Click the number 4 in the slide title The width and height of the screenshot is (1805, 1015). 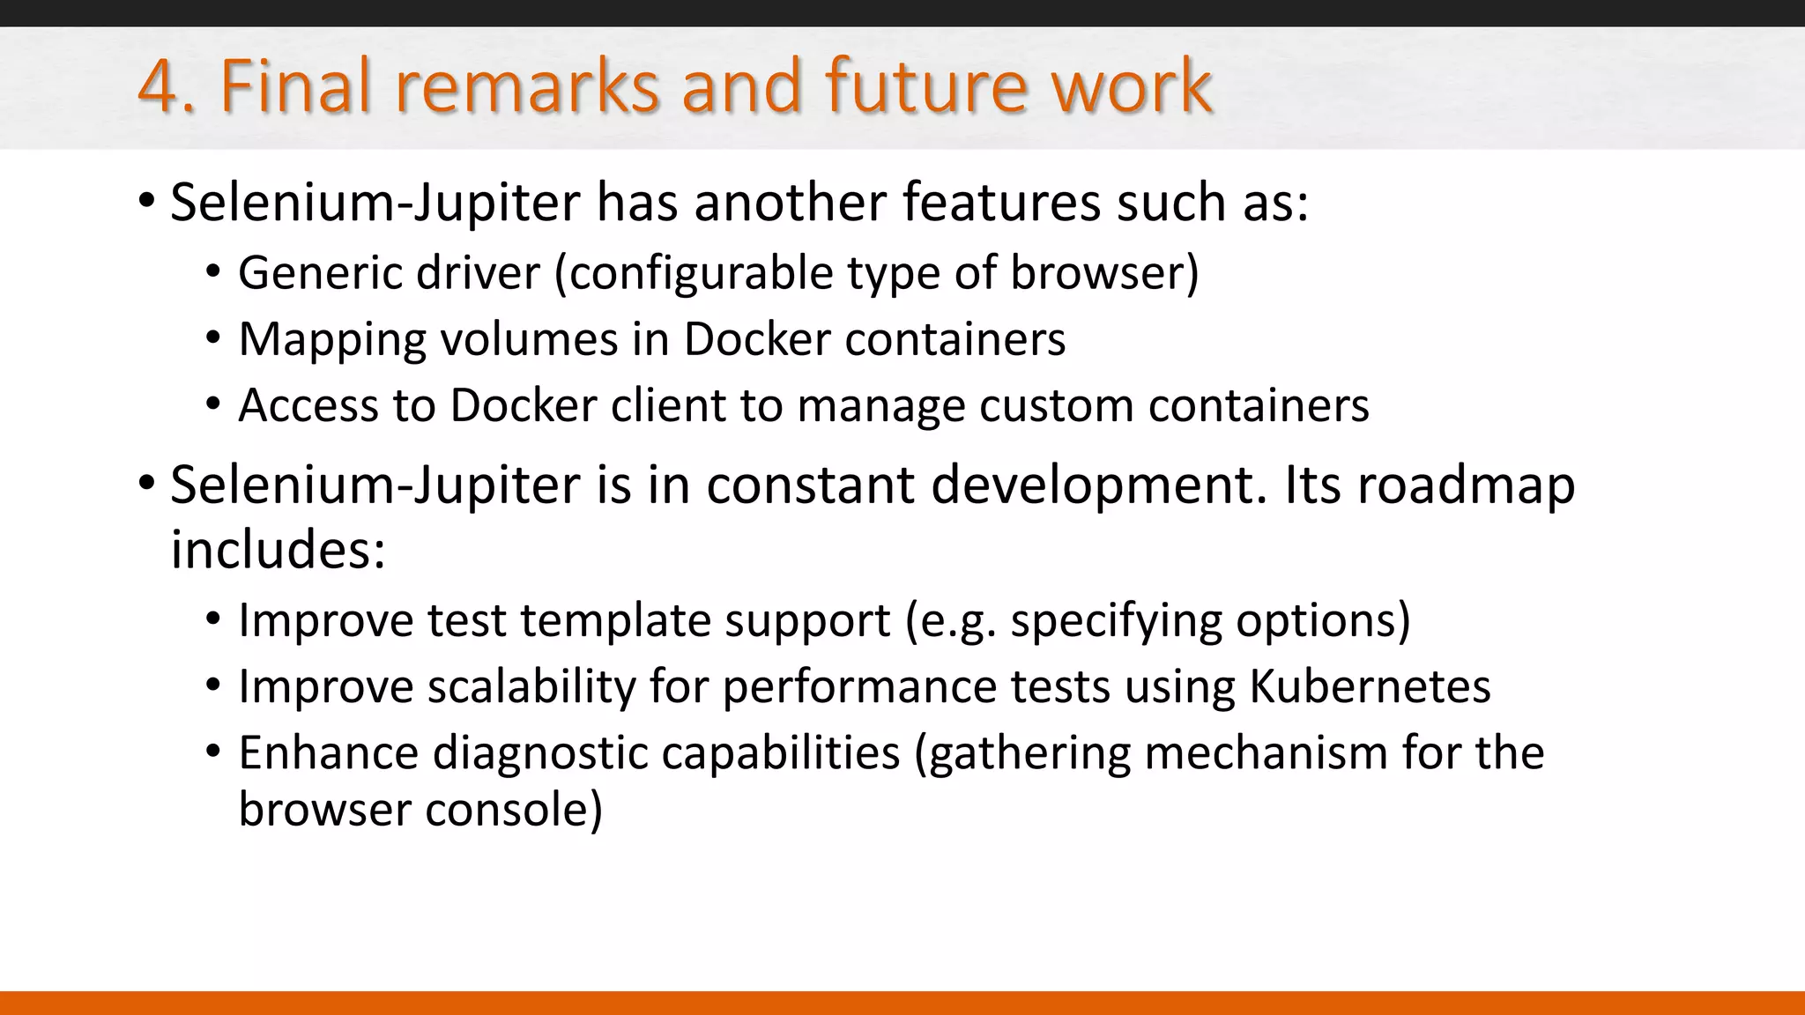tap(160, 87)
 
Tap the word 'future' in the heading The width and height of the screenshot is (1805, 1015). tap(925, 87)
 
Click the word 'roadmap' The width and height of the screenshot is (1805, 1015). tap(1466, 485)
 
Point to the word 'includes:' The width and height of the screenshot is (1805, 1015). tap(278, 550)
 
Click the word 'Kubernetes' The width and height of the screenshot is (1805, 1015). tap(1370, 686)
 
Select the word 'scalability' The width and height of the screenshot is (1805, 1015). tap(531, 686)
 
